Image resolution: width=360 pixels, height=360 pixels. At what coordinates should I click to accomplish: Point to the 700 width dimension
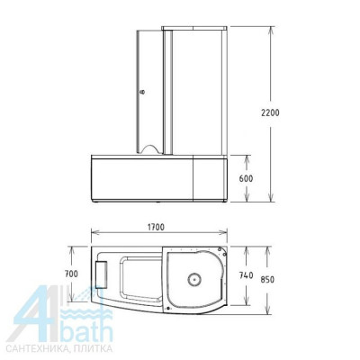(x=71, y=273)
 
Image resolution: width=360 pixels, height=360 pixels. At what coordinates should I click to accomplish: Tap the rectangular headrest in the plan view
(x=100, y=271)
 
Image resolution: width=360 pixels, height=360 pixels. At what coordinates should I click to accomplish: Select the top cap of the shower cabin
(x=194, y=29)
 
